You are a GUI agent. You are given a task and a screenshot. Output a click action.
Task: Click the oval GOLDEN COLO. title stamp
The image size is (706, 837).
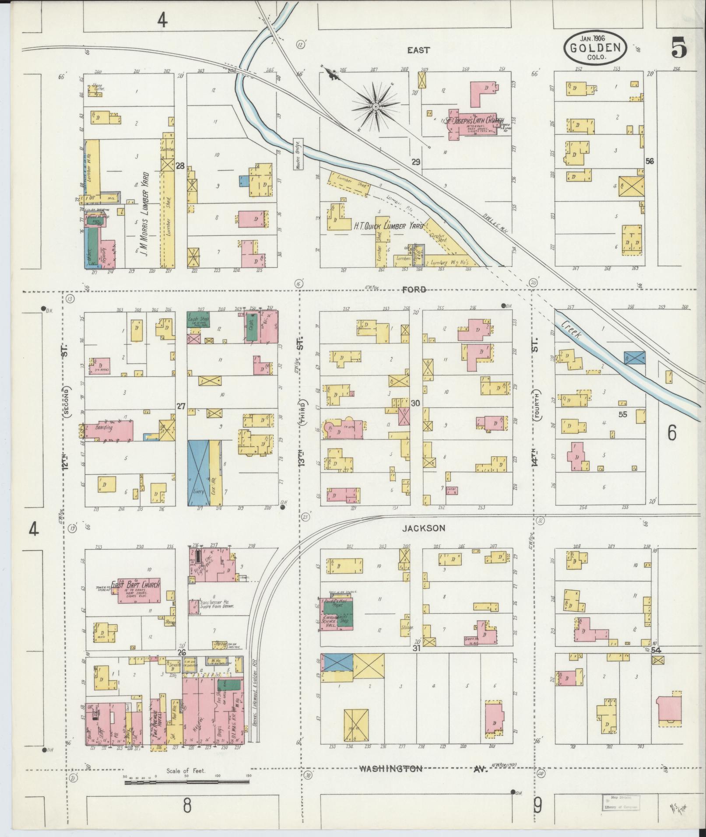(x=595, y=48)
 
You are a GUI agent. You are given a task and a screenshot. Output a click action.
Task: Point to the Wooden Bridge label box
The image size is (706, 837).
(x=298, y=154)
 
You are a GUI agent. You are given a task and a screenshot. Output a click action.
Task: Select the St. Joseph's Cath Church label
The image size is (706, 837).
(x=475, y=121)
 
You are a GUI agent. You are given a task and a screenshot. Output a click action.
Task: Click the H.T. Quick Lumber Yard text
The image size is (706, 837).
(x=389, y=226)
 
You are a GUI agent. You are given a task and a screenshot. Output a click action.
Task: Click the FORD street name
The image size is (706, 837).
(x=415, y=289)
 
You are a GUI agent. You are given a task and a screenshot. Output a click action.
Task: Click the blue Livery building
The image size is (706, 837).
(x=198, y=473)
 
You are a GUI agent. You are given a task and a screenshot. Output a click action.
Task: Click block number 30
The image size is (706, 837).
(x=415, y=404)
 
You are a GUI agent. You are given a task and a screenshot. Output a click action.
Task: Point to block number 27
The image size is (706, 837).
(x=181, y=406)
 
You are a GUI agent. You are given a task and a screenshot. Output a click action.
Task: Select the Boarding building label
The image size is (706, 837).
(x=104, y=427)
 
